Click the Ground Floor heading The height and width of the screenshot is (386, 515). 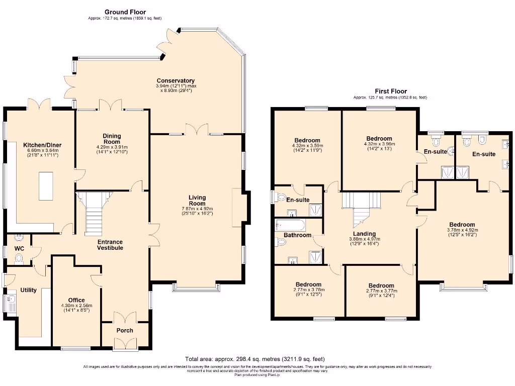(x=125, y=12)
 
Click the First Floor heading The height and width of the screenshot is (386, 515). (x=390, y=91)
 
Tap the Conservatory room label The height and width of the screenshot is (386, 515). (x=176, y=80)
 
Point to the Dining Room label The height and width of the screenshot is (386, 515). (x=112, y=138)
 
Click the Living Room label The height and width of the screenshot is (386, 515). (x=197, y=201)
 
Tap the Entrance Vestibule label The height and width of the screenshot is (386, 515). (x=110, y=244)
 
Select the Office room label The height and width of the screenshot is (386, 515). (x=76, y=300)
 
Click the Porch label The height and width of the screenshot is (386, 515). (x=125, y=330)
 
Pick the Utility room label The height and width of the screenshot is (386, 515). (x=28, y=290)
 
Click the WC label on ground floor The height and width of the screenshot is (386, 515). (x=19, y=248)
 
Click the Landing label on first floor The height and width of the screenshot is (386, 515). (x=364, y=234)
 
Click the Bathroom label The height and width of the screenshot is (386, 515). (x=297, y=235)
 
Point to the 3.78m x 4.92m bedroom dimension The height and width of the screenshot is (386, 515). (x=462, y=231)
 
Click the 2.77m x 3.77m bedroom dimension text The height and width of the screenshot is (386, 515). (x=381, y=291)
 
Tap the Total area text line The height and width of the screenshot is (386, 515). (x=254, y=359)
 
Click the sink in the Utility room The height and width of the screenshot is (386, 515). (x=11, y=303)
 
